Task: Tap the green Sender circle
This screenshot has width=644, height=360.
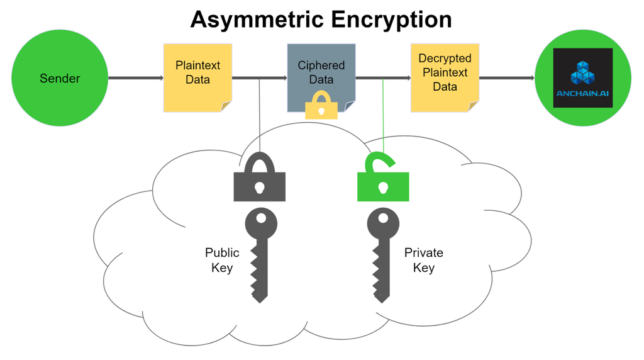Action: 60,79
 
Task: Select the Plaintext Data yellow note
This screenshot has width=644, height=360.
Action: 197,77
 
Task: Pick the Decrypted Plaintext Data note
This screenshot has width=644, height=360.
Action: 445,77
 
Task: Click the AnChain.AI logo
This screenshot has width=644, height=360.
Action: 582,78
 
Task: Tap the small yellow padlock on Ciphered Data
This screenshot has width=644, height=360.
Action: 321,105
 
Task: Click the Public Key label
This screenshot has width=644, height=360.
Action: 222,260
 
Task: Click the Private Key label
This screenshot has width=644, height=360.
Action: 423,260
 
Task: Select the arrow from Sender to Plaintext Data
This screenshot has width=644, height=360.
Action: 136,78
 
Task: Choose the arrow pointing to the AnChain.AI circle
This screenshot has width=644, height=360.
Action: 507,78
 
